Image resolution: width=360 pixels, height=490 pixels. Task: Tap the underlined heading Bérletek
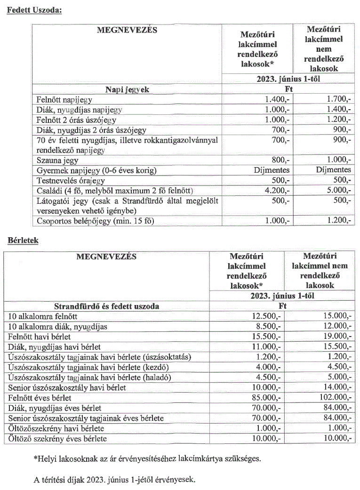pos(23,240)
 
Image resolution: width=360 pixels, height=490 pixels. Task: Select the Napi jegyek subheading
pos(127,89)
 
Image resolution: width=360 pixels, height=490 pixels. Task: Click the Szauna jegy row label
pos(58,160)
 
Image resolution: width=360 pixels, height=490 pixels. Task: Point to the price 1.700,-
pos(339,99)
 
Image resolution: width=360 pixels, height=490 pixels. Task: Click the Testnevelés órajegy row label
pos(71,180)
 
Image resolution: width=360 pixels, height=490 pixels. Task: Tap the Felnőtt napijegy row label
pos(64,99)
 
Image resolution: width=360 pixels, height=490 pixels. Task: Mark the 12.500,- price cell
pos(267,316)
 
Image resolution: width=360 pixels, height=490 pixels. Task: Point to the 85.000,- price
pos(267,398)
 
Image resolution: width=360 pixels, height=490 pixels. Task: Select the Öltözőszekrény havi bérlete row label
pos(56,428)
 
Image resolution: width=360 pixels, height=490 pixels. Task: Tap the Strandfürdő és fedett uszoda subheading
pos(106,306)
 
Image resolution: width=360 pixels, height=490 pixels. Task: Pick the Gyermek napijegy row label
pos(96,170)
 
